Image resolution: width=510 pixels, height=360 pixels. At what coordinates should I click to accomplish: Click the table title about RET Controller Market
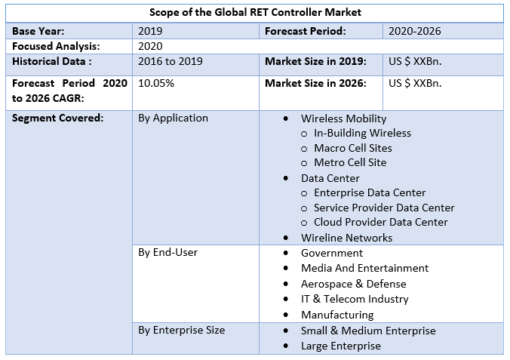255,12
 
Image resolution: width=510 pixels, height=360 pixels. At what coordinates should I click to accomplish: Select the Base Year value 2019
150,31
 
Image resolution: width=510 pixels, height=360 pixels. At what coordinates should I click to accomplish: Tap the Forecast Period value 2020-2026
414,31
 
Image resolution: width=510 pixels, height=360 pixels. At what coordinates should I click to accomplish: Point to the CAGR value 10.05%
156,83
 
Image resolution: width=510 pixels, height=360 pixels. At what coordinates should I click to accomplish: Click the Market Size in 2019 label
315,60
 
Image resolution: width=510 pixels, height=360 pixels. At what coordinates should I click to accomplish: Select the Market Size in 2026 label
315,83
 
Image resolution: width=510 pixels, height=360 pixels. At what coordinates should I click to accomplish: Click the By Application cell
173,118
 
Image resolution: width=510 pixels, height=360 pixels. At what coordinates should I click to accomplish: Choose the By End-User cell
167,252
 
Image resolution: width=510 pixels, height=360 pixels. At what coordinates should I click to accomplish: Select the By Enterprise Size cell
181,330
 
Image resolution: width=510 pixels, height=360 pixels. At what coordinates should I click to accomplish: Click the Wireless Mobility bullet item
343,118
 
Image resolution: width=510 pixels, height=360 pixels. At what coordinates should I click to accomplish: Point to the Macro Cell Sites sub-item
353,148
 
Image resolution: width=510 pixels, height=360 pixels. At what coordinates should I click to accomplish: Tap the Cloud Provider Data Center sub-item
380,222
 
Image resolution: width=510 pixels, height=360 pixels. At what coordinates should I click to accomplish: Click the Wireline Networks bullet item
346,238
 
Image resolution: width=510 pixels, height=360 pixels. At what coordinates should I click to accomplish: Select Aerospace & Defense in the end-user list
353,284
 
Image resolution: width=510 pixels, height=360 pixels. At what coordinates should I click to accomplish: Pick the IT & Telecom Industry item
355,299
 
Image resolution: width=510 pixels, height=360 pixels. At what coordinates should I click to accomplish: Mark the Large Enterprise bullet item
340,346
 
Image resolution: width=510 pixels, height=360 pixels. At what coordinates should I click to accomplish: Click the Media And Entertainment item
364,268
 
